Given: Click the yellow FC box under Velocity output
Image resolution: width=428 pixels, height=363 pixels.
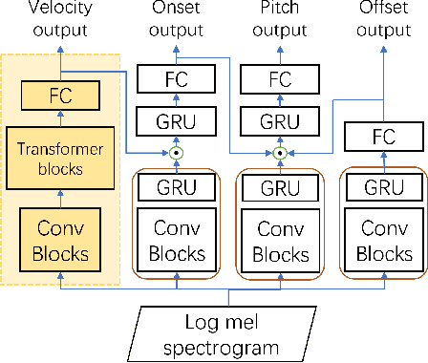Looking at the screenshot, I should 59,94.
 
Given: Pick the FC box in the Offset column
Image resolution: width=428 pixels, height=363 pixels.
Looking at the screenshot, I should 382,137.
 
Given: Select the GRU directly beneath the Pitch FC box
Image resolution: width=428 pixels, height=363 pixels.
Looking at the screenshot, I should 280,121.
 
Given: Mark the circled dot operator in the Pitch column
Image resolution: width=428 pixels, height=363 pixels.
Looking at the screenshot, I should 280,152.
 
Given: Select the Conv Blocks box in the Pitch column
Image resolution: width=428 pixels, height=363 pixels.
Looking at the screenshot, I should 280,242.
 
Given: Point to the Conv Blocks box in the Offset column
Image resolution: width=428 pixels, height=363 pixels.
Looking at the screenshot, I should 382,242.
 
